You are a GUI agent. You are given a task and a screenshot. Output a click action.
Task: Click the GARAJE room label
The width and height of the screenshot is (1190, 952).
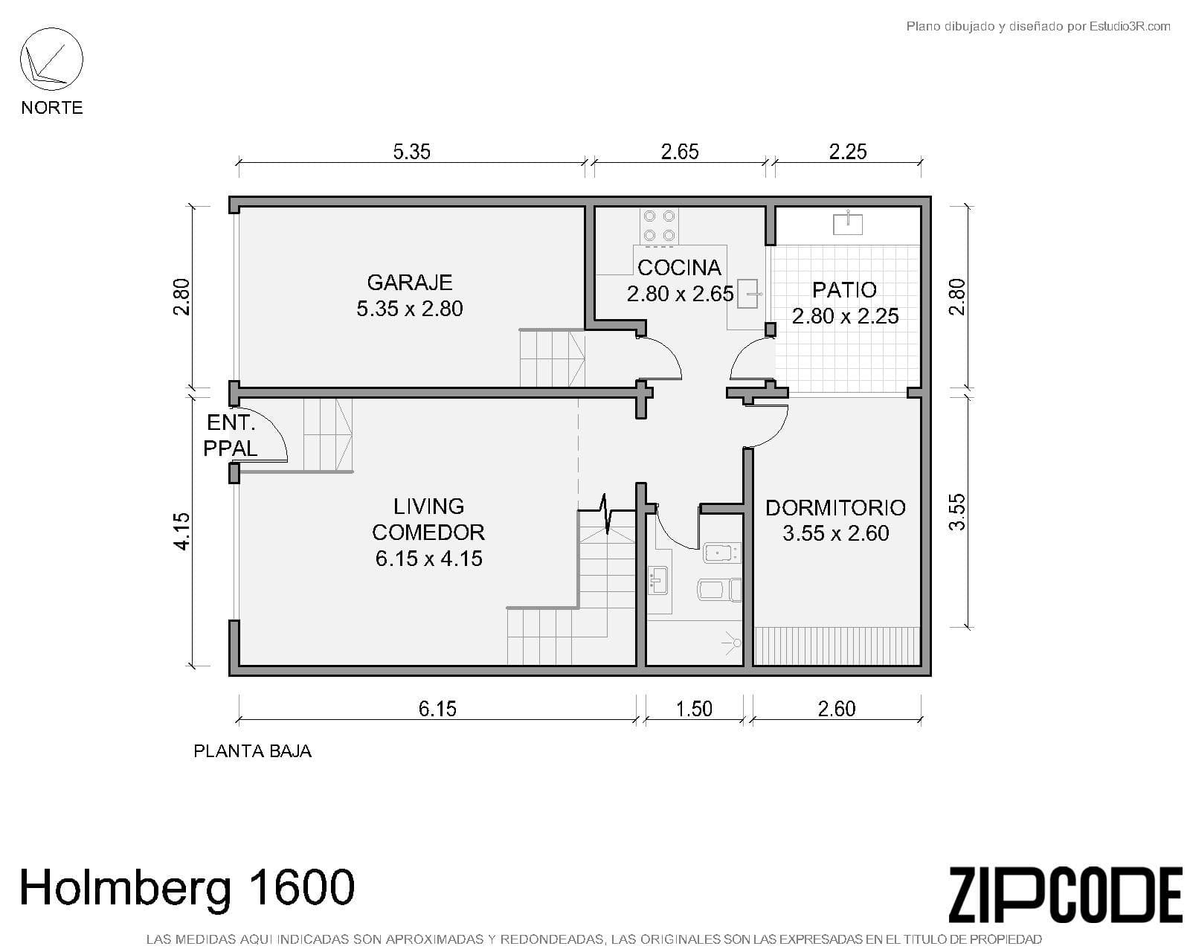point(409,283)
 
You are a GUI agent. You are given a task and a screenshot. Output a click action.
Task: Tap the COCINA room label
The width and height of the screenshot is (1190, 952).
point(679,268)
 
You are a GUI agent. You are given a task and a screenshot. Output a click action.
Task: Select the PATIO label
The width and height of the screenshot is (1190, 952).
point(844,290)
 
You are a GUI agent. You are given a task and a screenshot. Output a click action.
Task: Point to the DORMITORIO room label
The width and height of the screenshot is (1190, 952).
point(835,508)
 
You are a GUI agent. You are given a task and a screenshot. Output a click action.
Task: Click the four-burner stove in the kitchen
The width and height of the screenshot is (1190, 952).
point(659,225)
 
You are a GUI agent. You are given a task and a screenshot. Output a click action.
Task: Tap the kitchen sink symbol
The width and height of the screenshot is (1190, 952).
point(750,294)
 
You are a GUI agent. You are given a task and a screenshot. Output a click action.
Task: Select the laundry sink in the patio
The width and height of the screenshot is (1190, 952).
point(848,222)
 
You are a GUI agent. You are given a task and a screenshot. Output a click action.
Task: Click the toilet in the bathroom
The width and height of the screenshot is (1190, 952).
point(719,591)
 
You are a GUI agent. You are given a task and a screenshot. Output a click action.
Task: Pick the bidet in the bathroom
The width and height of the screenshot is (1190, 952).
point(721,553)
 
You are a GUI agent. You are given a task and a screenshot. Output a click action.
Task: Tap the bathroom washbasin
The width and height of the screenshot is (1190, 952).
point(658,579)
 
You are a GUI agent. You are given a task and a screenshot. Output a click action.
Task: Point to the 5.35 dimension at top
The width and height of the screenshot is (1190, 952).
point(411,152)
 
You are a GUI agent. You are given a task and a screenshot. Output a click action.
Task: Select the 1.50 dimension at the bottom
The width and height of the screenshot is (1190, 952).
point(694,709)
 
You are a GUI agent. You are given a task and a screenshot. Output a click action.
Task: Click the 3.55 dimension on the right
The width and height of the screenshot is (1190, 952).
point(957,512)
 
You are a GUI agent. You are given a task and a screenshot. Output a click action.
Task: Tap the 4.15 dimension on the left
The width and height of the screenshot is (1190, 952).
point(182,532)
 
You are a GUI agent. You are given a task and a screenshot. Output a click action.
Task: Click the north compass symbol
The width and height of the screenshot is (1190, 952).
point(51,59)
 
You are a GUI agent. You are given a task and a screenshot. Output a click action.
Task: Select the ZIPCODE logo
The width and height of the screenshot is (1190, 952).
point(1065,895)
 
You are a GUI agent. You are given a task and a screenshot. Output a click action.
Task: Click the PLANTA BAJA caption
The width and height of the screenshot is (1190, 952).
point(252,751)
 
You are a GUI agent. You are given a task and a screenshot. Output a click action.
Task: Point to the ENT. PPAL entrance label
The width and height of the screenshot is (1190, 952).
point(230,435)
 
